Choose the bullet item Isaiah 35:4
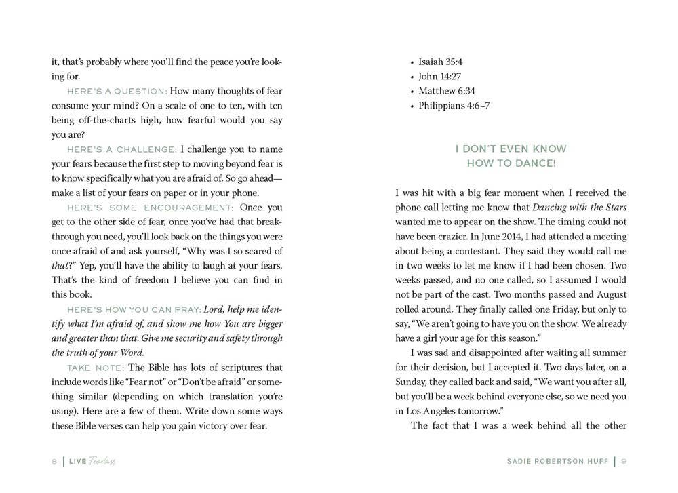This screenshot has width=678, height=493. click(x=440, y=62)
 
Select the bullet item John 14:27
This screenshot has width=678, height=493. click(x=437, y=77)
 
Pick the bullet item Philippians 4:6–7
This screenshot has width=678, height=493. click(x=454, y=106)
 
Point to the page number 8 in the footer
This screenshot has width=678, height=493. click(x=54, y=461)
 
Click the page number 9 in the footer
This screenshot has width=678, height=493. click(x=623, y=461)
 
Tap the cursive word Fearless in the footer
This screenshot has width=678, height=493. click(x=101, y=461)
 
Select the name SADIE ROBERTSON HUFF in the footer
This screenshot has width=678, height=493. click(x=557, y=461)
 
